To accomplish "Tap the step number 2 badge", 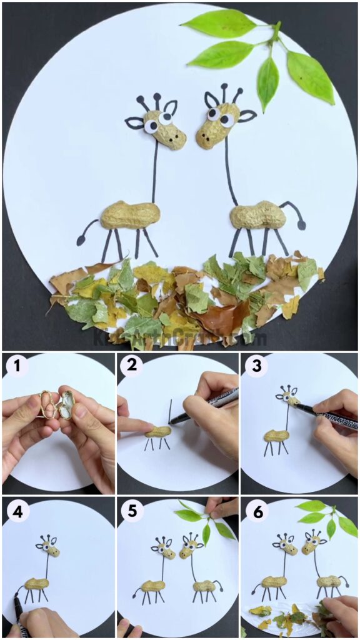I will click(x=131, y=367).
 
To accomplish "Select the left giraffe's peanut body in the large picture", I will click(x=130, y=214).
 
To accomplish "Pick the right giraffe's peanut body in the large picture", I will click(x=257, y=216).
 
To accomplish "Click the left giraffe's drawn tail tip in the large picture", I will click(x=81, y=240).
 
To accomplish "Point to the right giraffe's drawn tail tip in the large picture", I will click(x=302, y=224).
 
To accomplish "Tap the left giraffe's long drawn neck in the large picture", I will click(x=155, y=172).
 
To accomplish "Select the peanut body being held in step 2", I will click(x=157, y=431).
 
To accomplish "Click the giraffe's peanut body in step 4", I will click(x=37, y=584).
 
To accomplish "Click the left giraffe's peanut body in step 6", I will click(x=274, y=581).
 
